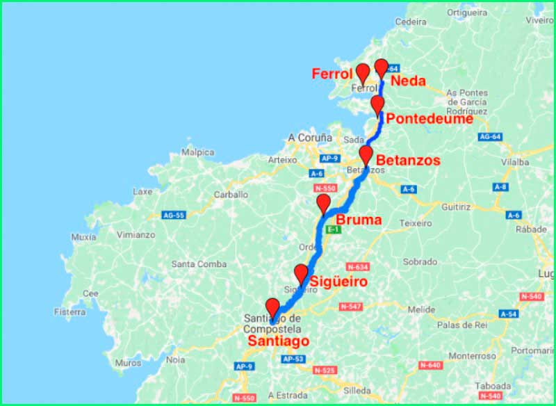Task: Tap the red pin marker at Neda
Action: tap(381, 68)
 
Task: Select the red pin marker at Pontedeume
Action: tap(377, 105)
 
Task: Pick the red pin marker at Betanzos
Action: tap(366, 155)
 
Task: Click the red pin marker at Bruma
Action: tap(323, 204)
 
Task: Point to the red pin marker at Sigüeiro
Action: tap(301, 273)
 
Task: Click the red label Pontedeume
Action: tap(430, 119)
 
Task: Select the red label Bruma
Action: tap(359, 220)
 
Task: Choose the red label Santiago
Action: tap(279, 341)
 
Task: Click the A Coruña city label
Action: tap(310, 138)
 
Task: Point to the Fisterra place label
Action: tap(89, 312)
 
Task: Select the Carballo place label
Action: tap(231, 195)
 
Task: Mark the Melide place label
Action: tap(421, 309)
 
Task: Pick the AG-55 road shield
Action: tap(173, 215)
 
